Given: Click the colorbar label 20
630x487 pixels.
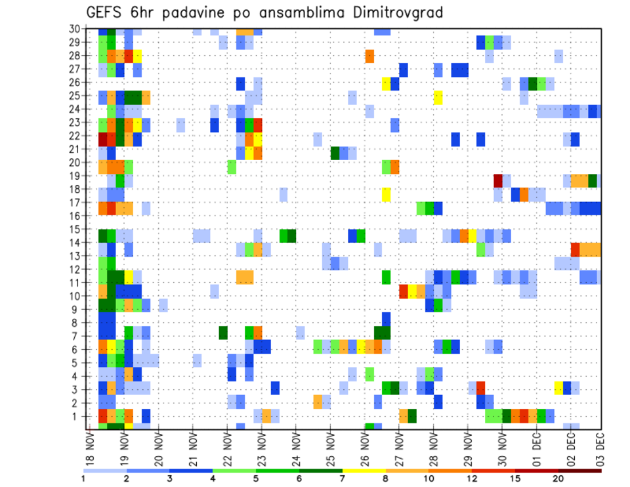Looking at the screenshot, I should (558, 479).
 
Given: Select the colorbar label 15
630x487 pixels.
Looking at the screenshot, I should (515, 479).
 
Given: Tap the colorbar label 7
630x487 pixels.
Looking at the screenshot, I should (343, 479).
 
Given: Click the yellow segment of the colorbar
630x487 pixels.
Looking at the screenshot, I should (364, 471).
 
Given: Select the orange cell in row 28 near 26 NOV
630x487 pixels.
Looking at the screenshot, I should (369, 56).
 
